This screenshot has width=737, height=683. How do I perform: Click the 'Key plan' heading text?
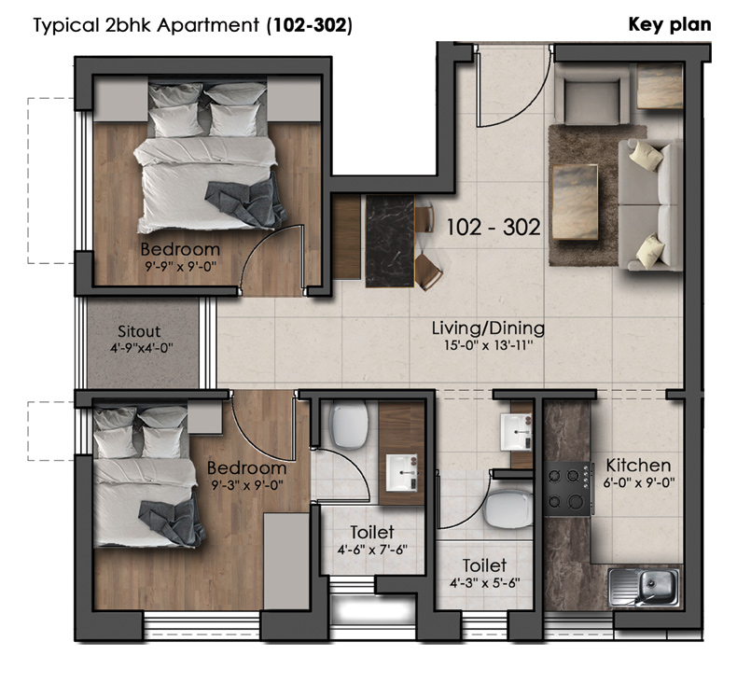point(670,24)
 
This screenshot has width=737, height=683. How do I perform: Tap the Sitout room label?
point(139,331)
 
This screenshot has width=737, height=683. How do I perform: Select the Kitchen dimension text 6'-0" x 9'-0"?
point(639,482)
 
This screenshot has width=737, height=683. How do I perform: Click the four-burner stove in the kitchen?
point(568,489)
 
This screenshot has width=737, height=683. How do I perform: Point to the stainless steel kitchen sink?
point(644,588)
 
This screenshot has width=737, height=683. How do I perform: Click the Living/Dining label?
point(488,328)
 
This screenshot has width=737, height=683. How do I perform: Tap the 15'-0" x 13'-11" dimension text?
point(489,346)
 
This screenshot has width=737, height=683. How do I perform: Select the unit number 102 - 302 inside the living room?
point(494,228)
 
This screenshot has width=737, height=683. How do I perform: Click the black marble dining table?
point(390,241)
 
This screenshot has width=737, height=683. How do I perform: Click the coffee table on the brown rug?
point(575,202)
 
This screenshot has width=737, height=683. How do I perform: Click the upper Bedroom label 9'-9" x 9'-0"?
point(180,257)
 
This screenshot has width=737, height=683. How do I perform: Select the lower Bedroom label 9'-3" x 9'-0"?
point(247,476)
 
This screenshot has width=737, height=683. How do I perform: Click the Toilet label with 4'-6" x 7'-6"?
point(372,539)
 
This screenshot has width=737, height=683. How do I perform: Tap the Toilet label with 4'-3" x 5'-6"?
point(484,573)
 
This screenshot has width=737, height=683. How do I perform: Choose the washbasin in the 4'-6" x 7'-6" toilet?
point(401,472)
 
